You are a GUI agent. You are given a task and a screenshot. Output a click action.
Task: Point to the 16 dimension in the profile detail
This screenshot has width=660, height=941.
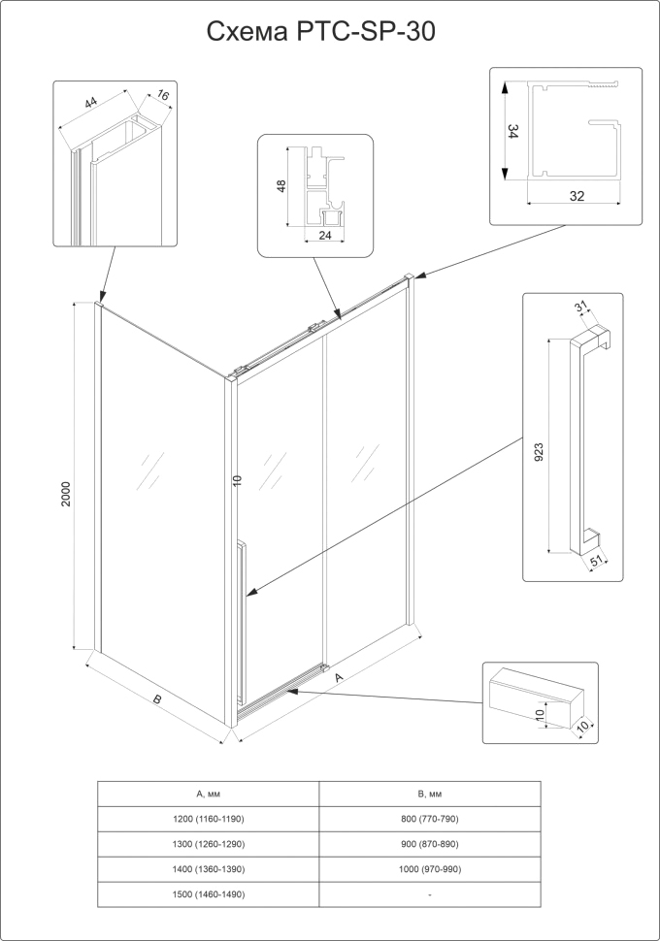point(161,97)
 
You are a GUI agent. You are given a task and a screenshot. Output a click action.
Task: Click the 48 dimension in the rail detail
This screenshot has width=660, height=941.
point(280,186)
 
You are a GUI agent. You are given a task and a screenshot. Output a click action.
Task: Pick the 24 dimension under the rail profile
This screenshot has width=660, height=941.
point(325,236)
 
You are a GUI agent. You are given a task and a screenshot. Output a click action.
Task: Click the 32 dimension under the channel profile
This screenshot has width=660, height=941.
point(577,196)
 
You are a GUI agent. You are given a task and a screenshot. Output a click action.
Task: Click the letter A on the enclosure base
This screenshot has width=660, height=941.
point(338,680)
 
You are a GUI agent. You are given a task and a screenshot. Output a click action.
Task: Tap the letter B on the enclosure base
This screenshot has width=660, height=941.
point(156,699)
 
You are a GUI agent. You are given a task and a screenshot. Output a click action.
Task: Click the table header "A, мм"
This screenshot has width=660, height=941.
point(208,795)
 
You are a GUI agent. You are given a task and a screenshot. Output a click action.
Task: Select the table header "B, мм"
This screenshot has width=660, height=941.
point(429,795)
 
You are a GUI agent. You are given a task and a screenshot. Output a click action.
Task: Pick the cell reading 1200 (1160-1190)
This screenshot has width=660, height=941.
point(208,820)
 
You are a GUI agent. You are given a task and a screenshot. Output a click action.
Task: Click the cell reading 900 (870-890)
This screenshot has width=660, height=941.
point(429,845)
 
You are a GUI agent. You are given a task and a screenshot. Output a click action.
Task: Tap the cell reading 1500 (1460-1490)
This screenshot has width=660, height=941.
point(208,894)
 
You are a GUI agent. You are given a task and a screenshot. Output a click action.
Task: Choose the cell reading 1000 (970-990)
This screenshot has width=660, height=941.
point(429,869)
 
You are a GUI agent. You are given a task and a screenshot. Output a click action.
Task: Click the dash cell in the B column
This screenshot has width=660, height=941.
point(429,894)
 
